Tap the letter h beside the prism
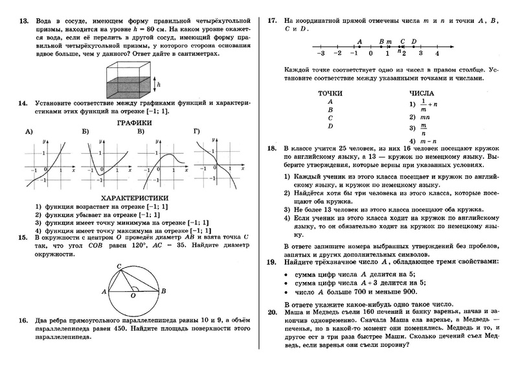click(x=166, y=84)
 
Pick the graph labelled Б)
click(x=104, y=161)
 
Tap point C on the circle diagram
click(x=118, y=266)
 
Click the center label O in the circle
click(x=133, y=296)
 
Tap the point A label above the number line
click(x=359, y=41)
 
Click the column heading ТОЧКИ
click(x=330, y=93)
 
